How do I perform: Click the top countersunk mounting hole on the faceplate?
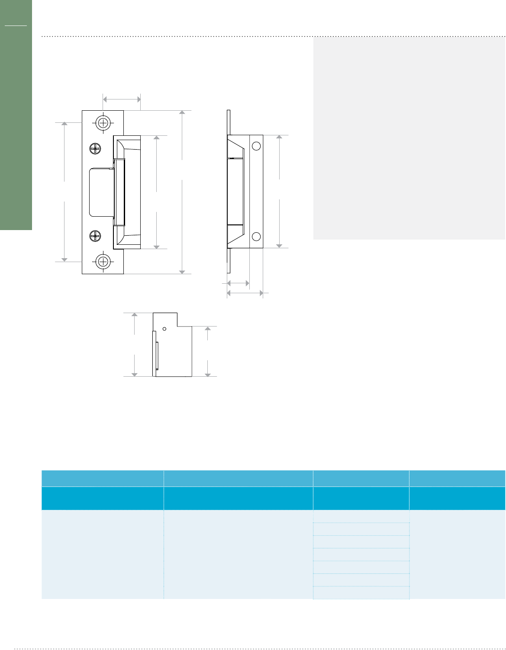click(x=103, y=123)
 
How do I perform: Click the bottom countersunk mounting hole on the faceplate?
click(x=103, y=261)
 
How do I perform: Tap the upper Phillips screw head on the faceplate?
click(x=95, y=149)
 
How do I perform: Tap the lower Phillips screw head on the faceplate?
click(x=95, y=236)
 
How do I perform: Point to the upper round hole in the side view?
click(x=256, y=146)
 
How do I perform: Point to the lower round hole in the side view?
click(x=256, y=237)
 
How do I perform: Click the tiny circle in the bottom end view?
click(x=164, y=329)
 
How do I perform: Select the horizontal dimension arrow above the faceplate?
click(x=122, y=99)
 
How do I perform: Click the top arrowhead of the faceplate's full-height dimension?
click(x=182, y=113)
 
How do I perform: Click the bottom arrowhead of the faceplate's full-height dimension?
click(x=182, y=272)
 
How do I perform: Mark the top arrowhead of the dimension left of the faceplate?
click(x=64, y=125)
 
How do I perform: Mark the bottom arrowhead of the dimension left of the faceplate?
click(x=64, y=259)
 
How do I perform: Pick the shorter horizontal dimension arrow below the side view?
click(x=238, y=283)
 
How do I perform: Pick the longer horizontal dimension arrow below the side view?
click(x=245, y=293)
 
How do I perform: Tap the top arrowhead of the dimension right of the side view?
click(x=280, y=138)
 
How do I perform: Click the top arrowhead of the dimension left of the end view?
click(x=135, y=315)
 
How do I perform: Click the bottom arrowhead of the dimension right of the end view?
click(x=208, y=374)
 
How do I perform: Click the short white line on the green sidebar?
click(x=16, y=26)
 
